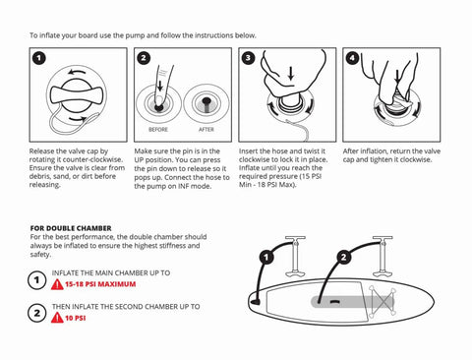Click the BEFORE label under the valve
pyautogui.click(x=158, y=129)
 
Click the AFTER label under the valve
pyautogui.click(x=206, y=129)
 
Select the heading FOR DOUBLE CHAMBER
pyautogui.click(x=71, y=227)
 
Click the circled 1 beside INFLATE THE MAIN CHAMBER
pyautogui.click(x=36, y=279)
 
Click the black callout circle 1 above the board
pyautogui.click(x=265, y=259)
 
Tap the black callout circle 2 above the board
pyautogui.click(x=343, y=258)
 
